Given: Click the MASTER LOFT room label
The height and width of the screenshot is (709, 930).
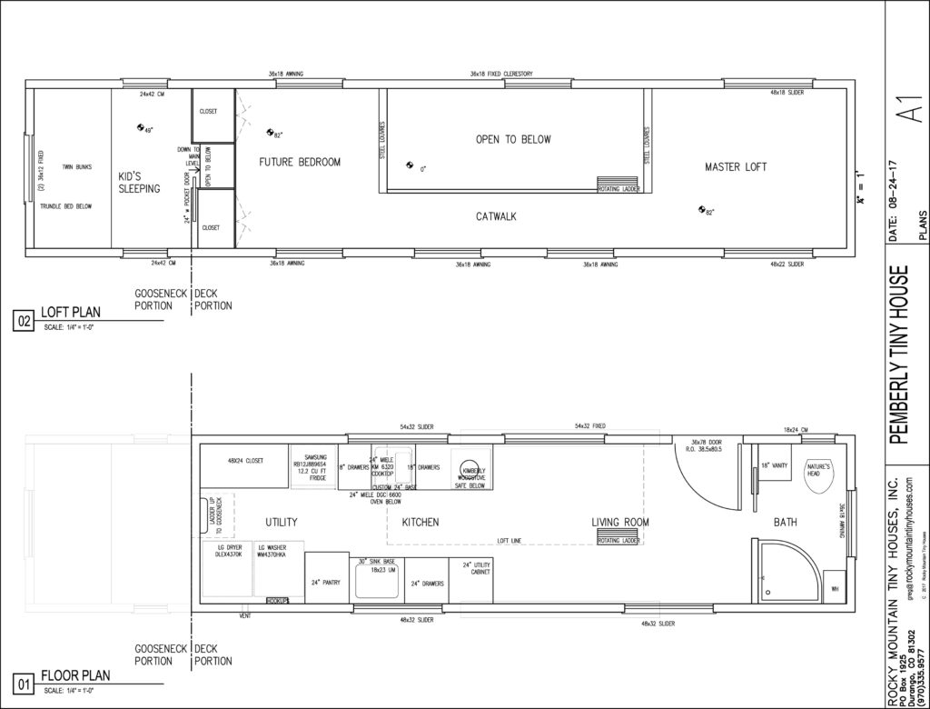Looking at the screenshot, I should (x=736, y=167).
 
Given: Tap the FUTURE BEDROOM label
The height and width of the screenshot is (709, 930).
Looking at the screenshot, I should (x=300, y=163).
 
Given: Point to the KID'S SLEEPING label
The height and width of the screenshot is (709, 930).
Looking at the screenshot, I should (x=139, y=183).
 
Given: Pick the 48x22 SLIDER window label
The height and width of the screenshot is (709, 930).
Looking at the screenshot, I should (x=787, y=264).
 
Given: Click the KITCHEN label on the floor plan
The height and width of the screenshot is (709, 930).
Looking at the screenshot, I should (x=420, y=523).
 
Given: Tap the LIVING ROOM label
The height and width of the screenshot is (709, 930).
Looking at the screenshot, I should (x=620, y=522).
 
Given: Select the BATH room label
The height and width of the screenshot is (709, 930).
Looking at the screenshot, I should (x=786, y=523).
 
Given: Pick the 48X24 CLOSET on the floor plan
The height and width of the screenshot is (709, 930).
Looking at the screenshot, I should (x=244, y=462).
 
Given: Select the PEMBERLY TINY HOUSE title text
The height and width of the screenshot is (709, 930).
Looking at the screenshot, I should (x=903, y=354).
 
